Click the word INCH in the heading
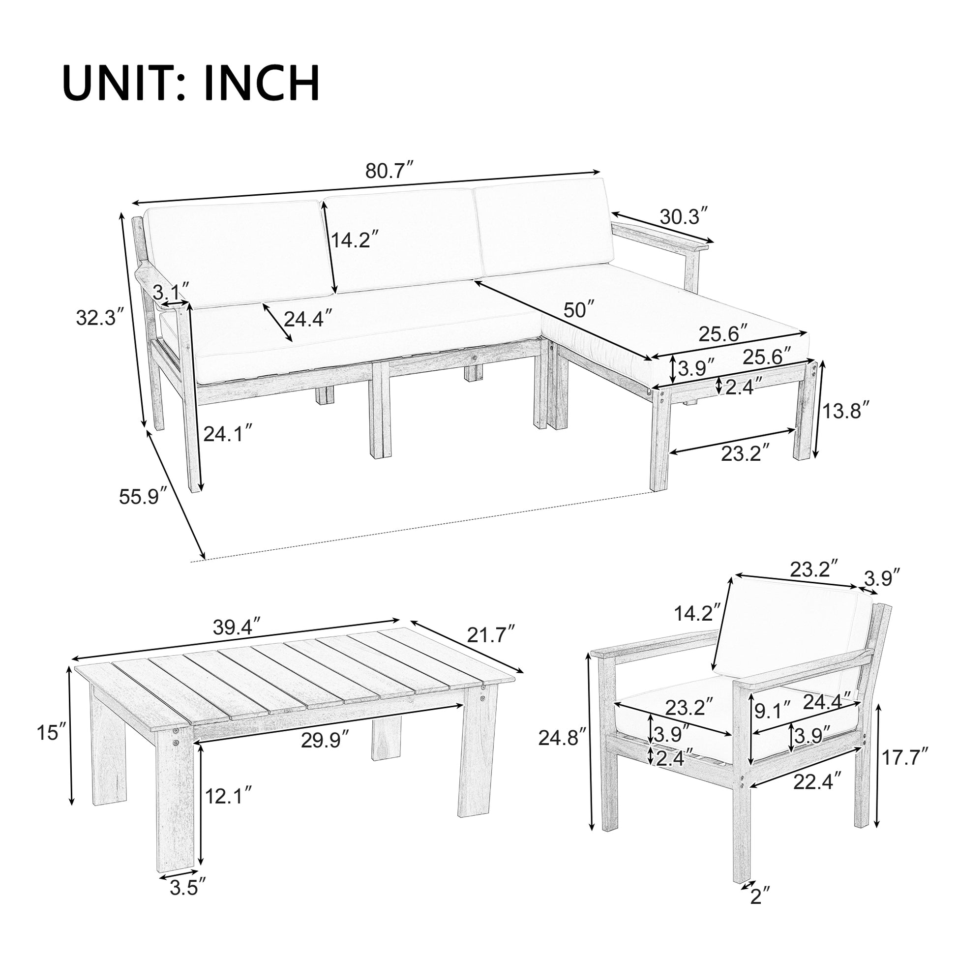262,83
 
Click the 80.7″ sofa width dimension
389,171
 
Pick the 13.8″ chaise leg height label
845,411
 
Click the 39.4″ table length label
236,628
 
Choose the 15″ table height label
51,733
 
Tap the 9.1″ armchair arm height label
774,712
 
